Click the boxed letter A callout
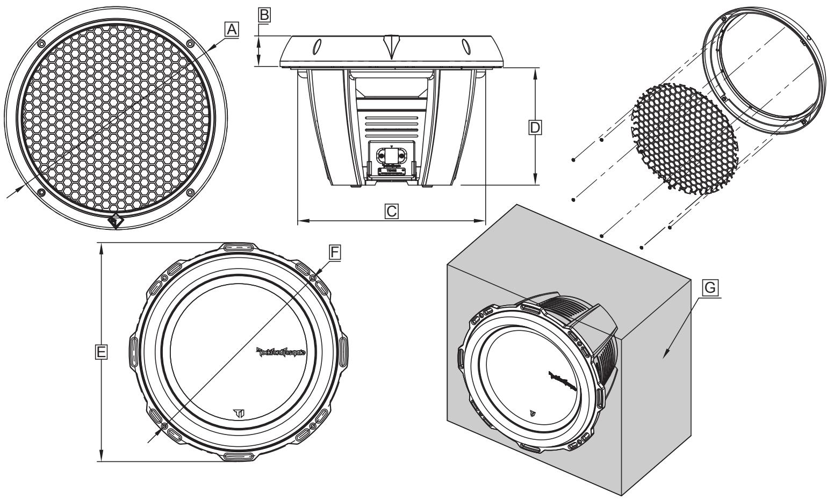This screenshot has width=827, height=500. coord(231,31)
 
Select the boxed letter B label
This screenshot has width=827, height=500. coord(264,15)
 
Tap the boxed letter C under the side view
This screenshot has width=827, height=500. coord(392,211)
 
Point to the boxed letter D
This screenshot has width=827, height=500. coord(535,127)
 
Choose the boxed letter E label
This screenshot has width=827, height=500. coord(100,352)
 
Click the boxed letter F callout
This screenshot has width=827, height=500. coord(335,251)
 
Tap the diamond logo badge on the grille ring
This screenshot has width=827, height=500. coord(116,221)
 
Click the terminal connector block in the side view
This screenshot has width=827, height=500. coord(391,154)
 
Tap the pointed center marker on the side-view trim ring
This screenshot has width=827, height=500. coord(391,46)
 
